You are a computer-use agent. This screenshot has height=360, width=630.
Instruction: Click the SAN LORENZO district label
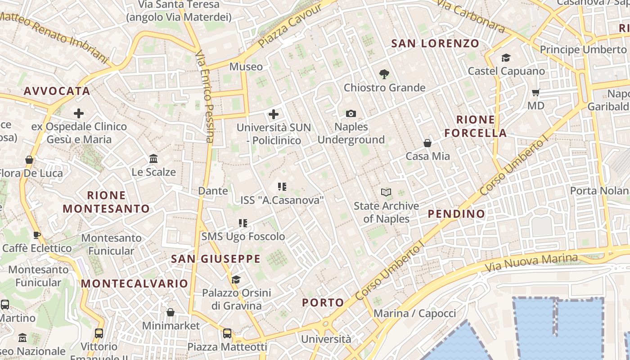pos(435,44)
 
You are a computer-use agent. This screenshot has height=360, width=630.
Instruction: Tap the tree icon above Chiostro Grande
pos(384,74)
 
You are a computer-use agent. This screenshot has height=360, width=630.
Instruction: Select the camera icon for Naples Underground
pos(351,113)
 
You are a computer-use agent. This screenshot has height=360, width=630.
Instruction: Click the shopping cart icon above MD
pos(535,92)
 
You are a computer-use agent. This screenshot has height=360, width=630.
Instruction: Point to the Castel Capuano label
pos(506,71)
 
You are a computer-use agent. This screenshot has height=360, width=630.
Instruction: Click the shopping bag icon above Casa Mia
pos(427,143)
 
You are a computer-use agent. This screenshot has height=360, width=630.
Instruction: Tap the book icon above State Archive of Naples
pos(386,193)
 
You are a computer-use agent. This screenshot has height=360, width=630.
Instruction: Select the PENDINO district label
pos(456,214)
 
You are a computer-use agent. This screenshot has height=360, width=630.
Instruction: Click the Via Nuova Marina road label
pos(531,264)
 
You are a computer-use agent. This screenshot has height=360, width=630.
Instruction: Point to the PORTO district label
pos(323,303)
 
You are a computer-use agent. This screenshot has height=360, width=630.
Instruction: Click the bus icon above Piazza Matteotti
pos(227,333)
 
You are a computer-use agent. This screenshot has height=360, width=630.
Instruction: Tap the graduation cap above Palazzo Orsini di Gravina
pos(236,280)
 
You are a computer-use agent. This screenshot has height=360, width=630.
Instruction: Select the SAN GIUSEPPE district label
pos(216,259)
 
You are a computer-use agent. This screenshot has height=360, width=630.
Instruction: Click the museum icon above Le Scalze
pos(153,158)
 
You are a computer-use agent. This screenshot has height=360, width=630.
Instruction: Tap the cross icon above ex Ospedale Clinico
pos(79,113)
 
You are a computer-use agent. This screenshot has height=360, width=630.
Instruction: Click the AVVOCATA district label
pos(57,91)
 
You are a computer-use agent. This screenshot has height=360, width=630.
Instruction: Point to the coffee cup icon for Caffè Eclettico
pos(36,235)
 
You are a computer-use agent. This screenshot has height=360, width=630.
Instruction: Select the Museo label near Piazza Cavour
pos(246,67)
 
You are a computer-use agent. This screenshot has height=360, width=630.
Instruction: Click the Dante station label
pos(213,191)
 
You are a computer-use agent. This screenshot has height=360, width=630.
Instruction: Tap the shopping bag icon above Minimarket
pos(171,312)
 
